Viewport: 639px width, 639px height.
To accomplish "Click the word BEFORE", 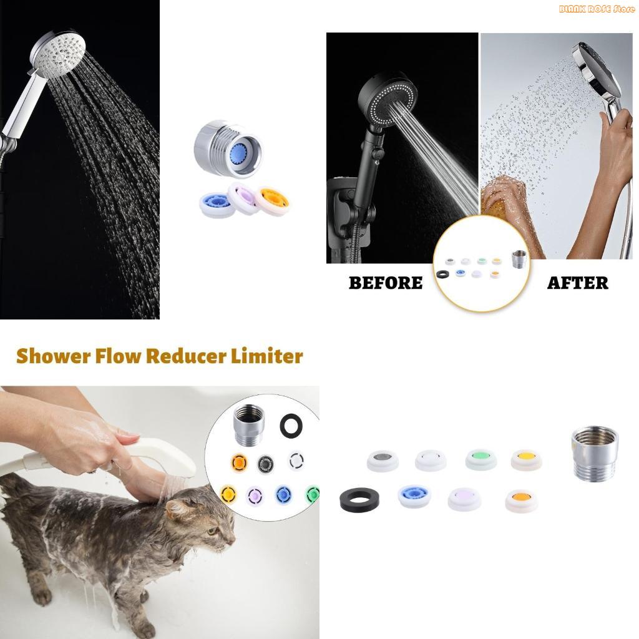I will (x=385, y=283).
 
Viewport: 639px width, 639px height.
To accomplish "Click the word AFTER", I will (x=577, y=283).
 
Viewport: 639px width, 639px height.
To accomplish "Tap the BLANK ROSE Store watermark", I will (x=597, y=9).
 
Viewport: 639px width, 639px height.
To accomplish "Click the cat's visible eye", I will (x=212, y=530).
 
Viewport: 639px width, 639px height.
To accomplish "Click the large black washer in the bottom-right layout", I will (x=359, y=499).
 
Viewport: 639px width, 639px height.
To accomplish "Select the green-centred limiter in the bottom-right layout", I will (x=481, y=459).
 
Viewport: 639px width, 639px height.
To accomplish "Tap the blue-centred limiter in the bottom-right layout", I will (x=414, y=495).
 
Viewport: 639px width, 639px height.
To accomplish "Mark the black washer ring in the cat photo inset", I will (x=291, y=426).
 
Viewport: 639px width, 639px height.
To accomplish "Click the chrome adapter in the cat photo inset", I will (x=248, y=424).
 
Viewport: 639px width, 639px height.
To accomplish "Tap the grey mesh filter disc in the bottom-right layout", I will (x=382, y=461).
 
